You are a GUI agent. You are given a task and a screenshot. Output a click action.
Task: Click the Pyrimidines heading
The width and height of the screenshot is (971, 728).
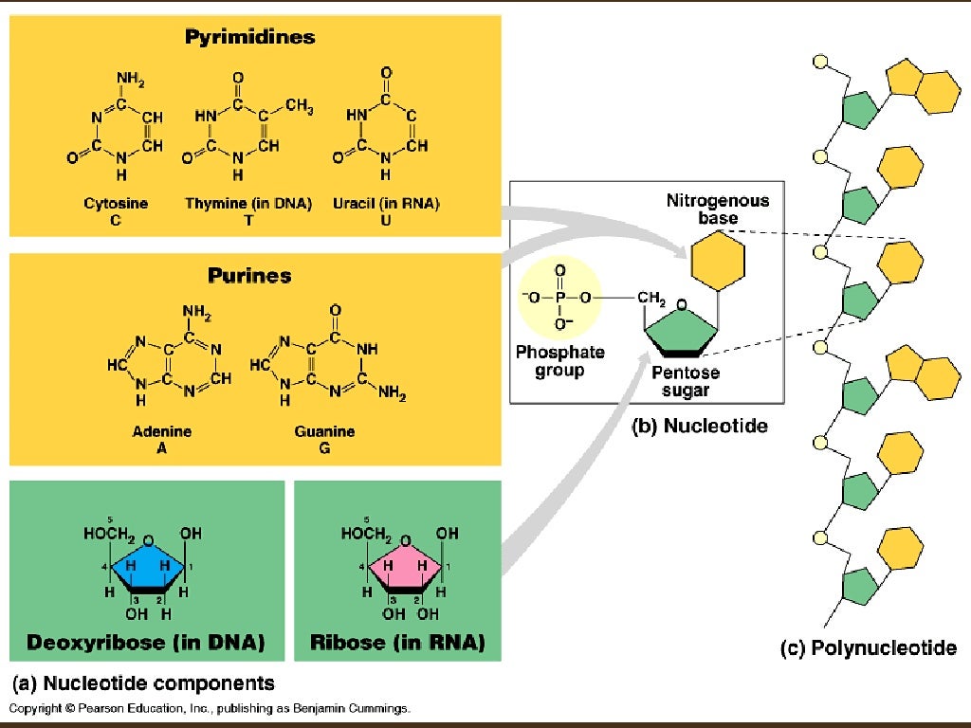coord(251,39)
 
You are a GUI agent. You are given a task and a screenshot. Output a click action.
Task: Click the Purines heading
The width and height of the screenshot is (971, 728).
coord(250,277)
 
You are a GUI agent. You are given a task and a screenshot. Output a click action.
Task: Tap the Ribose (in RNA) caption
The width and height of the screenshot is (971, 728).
coord(397,644)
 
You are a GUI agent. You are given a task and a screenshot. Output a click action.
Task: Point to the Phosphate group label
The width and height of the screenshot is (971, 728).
coord(559,361)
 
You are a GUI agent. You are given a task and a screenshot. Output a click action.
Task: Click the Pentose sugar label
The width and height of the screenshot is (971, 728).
coord(686,382)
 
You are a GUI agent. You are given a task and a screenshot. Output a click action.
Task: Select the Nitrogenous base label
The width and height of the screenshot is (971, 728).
coord(718,209)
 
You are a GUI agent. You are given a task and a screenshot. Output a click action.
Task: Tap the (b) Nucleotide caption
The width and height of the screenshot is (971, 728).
coord(700,428)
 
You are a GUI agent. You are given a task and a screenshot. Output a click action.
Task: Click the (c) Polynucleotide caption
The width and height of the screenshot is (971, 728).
coord(868,649)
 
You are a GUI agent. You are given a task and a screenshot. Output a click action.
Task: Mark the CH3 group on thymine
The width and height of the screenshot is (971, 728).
coord(299,105)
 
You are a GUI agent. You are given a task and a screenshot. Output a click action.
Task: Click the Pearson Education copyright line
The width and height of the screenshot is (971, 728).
coord(210,708)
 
